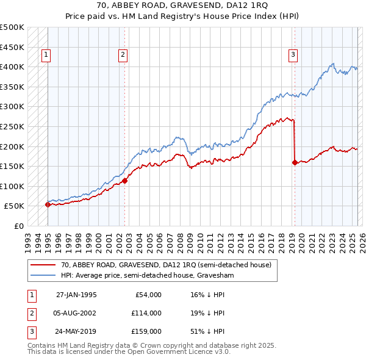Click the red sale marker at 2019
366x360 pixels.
tap(295, 162)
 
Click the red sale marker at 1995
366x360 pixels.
tap(48, 204)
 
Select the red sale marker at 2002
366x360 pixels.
tap(124, 181)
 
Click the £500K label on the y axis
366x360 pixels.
tap(12, 27)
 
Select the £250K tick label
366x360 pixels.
tap(12, 126)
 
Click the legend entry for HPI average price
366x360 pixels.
tap(147, 275)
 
